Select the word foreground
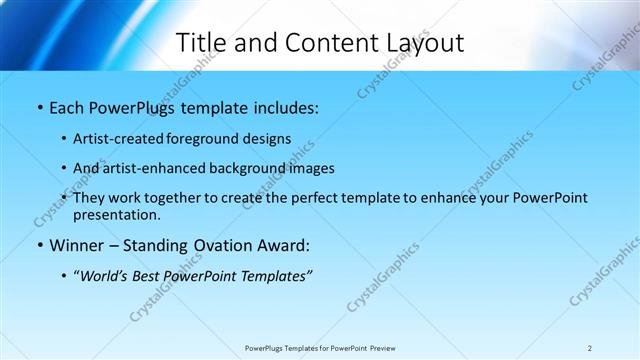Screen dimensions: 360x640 pos(210,138)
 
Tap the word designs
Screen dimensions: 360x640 pos(269,138)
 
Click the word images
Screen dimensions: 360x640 pos(311,168)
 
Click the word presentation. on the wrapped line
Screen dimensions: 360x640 pos(116,214)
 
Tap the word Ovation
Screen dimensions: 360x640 pos(227,245)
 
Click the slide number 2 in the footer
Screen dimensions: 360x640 pos(590,348)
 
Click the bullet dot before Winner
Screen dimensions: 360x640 pos(39,246)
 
